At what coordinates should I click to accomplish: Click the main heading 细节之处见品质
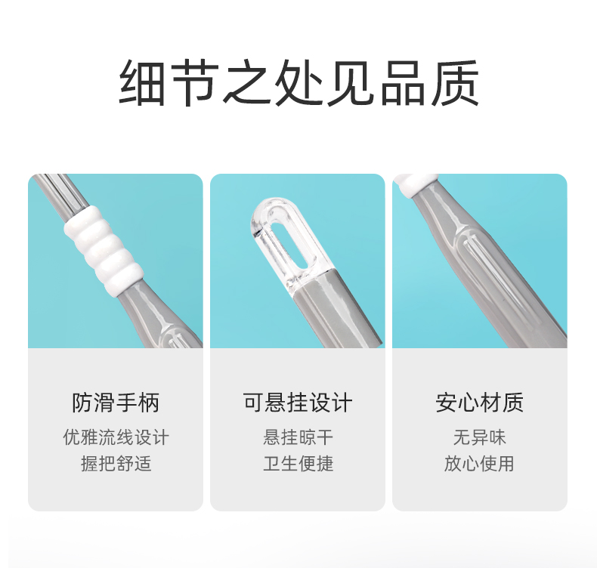(x=299, y=83)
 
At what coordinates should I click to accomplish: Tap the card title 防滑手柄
(x=116, y=403)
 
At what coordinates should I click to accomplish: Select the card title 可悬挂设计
(x=298, y=403)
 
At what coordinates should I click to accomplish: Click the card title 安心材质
(x=480, y=403)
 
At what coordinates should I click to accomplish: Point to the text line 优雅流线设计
(x=116, y=437)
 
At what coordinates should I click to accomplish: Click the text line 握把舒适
(x=116, y=463)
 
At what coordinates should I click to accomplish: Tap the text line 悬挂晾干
(x=298, y=437)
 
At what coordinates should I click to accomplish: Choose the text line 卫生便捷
(x=298, y=463)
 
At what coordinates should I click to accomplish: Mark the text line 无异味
(x=480, y=437)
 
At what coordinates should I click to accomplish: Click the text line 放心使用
(x=479, y=463)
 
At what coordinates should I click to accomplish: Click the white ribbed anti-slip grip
(x=104, y=251)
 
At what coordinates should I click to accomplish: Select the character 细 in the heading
(x=142, y=83)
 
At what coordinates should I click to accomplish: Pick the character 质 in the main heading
(x=456, y=83)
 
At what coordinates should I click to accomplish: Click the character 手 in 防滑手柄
(x=127, y=403)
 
